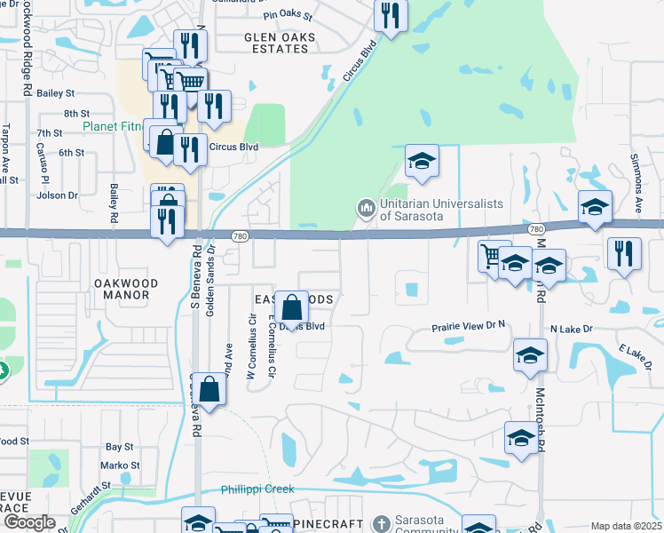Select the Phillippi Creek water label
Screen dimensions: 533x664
pos(257,489)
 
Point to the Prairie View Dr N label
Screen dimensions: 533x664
pos(468,326)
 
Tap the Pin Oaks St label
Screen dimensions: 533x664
pos(289,16)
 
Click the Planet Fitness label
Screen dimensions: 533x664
pos(113,126)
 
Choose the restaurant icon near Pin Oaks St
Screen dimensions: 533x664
pos(391,15)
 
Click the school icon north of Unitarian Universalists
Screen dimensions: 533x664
pos(423,162)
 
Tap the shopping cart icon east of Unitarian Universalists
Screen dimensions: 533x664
pos(493,256)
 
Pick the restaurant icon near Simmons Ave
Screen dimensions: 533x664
pos(625,254)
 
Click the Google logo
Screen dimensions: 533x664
pos(28,523)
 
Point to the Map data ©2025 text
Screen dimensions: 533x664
pos(626,526)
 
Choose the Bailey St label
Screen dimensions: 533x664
pos(55,92)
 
